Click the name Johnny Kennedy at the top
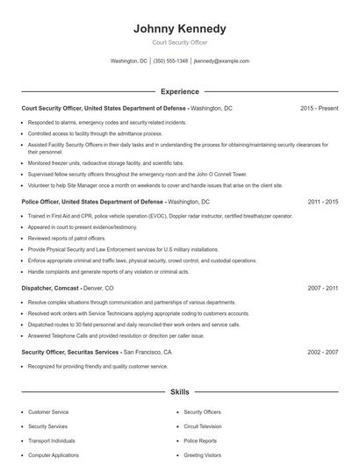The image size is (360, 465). pyautogui.click(x=179, y=28)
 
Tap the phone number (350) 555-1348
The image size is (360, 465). pyautogui.click(x=170, y=61)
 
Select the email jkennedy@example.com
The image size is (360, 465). pyautogui.click(x=221, y=61)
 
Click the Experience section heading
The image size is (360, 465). pyautogui.click(x=179, y=91)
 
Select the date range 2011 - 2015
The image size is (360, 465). pyautogui.click(x=323, y=202)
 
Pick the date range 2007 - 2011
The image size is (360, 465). pyautogui.click(x=323, y=288)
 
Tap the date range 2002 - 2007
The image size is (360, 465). pyautogui.click(x=323, y=352)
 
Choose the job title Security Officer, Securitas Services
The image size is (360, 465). pyautogui.click(x=69, y=352)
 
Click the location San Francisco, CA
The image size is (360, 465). pyautogui.click(x=148, y=352)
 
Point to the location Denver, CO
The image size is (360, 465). pyautogui.click(x=97, y=288)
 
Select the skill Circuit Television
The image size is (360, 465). pyautogui.click(x=204, y=426)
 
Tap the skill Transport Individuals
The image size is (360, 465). pyautogui.click(x=51, y=440)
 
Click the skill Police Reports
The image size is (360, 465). pyautogui.click(x=199, y=440)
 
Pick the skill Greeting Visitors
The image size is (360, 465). pyautogui.click(x=202, y=455)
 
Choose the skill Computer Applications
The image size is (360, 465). pyautogui.click(x=54, y=455)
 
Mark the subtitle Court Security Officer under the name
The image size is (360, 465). pyautogui.click(x=179, y=42)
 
